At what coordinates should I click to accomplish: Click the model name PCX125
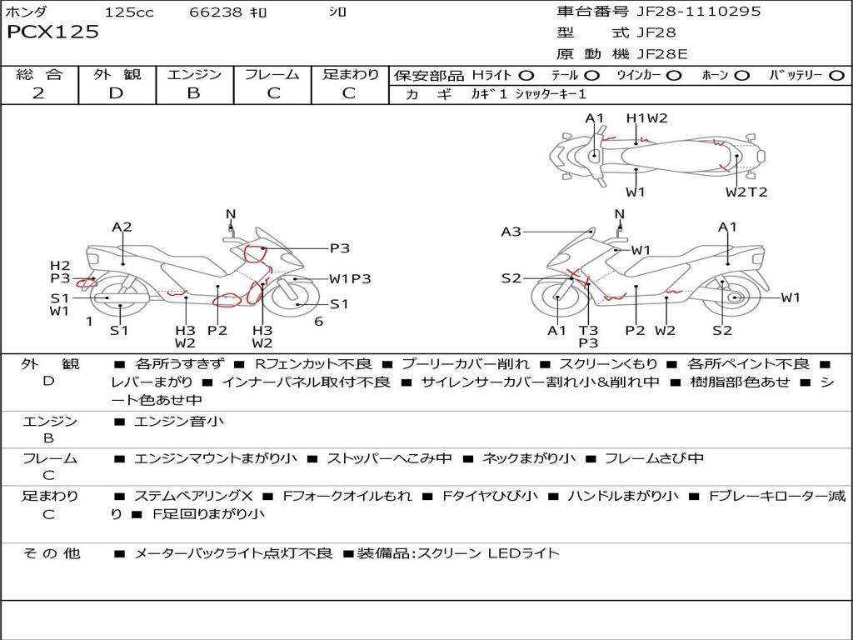pos(53,32)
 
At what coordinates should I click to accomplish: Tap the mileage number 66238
pos(216,12)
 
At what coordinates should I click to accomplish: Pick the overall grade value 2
pos(38,93)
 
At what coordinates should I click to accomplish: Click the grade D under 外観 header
pos(116,93)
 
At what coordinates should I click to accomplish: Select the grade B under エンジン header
pos(193,93)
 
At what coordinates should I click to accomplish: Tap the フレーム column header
pos(272,75)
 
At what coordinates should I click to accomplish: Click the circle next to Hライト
pos(526,76)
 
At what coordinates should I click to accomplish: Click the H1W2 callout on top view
pos(647,118)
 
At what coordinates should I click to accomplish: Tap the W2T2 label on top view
pos(746,192)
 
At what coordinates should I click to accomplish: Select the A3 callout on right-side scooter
pos(511,232)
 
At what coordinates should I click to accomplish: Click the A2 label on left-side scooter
pos(122,227)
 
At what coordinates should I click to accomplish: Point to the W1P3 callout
pos(350,279)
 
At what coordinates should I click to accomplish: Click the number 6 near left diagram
pos(318,322)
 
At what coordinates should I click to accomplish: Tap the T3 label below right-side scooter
pos(588,331)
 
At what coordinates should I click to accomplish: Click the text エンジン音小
pos(179,422)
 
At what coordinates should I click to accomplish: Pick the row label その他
pos(52,553)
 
